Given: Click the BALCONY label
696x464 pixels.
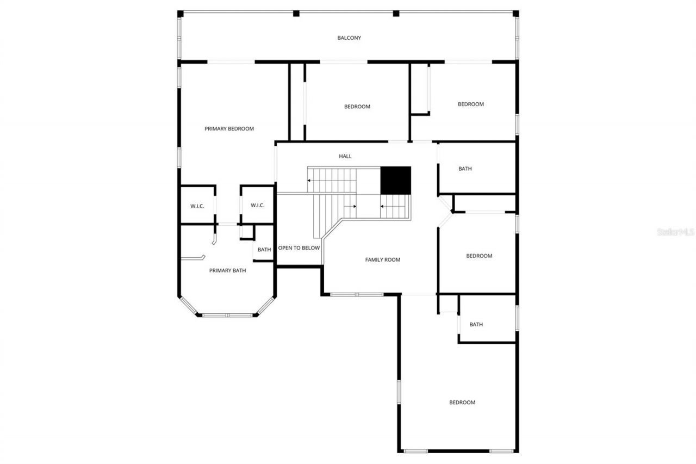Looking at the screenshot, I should coord(349,38).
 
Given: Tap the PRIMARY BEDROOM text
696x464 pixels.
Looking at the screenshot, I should coord(229,129).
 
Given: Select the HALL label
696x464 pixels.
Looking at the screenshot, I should coord(345,156).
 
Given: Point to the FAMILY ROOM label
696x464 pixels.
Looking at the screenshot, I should coord(382,260).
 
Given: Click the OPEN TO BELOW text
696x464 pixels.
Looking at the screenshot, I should coord(299,248).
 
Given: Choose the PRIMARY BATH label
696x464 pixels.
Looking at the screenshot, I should coord(227,270).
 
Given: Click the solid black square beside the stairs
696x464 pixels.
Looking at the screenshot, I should coord(395,180).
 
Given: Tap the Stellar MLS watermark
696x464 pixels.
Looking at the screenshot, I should coord(676,232).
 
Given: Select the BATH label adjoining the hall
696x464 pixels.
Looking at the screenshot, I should coord(465,169).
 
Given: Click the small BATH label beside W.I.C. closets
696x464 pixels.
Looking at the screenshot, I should coord(264,250).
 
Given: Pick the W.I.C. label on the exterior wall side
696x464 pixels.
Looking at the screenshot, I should coord(197,206).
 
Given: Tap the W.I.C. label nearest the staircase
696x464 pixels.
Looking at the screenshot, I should coord(257,205).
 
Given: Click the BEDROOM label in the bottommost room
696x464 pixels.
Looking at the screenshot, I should coord(462,403).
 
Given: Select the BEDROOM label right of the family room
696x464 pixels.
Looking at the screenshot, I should coord(479,256).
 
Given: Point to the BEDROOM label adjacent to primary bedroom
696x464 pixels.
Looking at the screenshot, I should coord(357,107).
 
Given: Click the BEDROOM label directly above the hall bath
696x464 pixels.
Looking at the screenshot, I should coord(470,104).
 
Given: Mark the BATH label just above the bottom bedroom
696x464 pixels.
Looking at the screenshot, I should coord(476,325).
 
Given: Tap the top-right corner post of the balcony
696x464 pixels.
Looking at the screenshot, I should coord(515,14).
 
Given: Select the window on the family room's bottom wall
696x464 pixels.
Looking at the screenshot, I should coord(357,295).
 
